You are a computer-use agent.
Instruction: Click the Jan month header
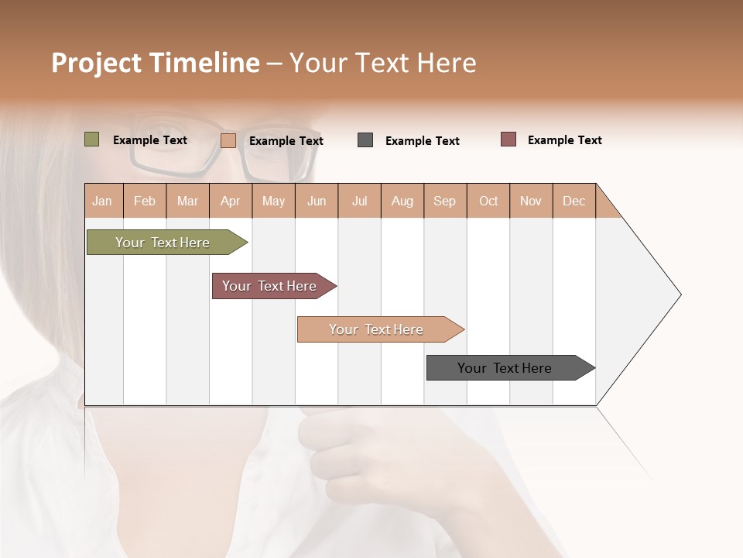pyautogui.click(x=102, y=201)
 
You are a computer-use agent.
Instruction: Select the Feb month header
pyautogui.click(x=145, y=201)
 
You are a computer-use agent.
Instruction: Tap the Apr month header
pyautogui.click(x=230, y=201)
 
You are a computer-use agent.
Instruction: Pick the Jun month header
pyautogui.click(x=317, y=201)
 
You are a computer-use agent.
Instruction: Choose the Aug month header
pyautogui.click(x=402, y=201)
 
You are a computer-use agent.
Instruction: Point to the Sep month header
pyautogui.click(x=444, y=201)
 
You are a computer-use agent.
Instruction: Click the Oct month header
pyautogui.click(x=488, y=201)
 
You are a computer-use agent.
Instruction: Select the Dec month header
pyautogui.click(x=574, y=201)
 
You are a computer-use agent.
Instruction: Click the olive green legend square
pyautogui.click(x=92, y=139)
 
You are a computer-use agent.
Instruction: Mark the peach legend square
pyautogui.click(x=228, y=140)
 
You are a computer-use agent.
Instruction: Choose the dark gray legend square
pyautogui.click(x=365, y=140)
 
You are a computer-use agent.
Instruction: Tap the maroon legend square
pyautogui.click(x=508, y=139)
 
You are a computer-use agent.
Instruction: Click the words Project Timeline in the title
pyautogui.click(x=156, y=63)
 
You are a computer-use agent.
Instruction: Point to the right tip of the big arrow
pyautogui.click(x=680, y=294)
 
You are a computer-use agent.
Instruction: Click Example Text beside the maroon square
pyautogui.click(x=564, y=140)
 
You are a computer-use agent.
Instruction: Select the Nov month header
pyautogui.click(x=531, y=201)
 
